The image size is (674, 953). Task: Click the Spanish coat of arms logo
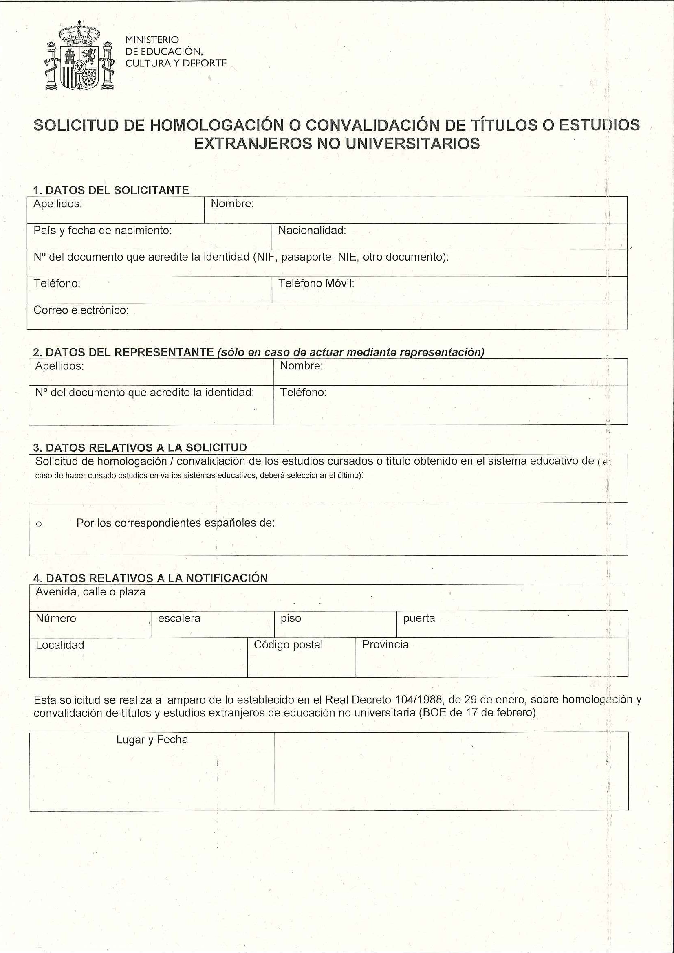tap(79, 56)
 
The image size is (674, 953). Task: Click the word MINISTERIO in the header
tap(152, 40)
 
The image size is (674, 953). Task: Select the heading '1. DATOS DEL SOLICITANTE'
tap(111, 190)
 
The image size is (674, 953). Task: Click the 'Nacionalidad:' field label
tap(312, 231)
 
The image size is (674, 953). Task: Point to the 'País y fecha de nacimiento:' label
tap(103, 231)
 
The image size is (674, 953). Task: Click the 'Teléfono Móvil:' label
tap(316, 283)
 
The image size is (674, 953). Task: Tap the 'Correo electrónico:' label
tap(81, 310)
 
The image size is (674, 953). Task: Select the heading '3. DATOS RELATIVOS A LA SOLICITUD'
tap(140, 448)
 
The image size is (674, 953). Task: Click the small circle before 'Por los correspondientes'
tap(39, 524)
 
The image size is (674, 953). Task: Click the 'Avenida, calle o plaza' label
tap(90, 592)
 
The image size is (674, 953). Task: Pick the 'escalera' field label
tap(179, 619)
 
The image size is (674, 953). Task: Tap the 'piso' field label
tap(291, 619)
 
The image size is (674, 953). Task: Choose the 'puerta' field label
tap(418, 619)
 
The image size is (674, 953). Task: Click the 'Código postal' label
tap(288, 645)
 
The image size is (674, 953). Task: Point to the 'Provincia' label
tap(385, 645)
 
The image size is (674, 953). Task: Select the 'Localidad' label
tap(60, 645)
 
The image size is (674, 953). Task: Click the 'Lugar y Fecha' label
tap(152, 740)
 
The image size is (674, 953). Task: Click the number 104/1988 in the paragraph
tap(419, 700)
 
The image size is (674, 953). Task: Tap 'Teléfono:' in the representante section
tap(303, 392)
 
